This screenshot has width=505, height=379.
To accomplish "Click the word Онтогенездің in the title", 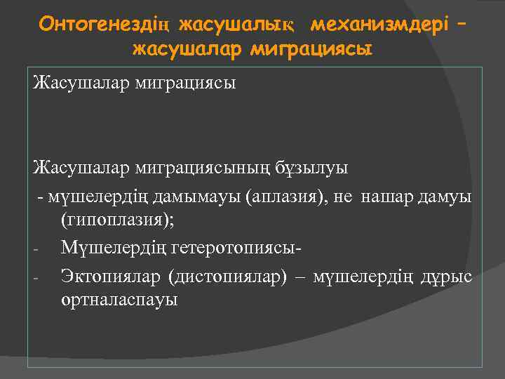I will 105,25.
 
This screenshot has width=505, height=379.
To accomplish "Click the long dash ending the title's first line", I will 460,25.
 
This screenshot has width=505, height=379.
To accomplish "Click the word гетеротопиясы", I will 232,248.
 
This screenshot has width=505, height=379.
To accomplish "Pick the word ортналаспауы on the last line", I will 119,300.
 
